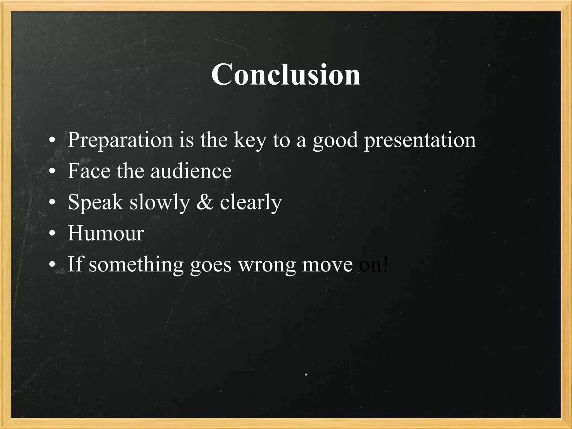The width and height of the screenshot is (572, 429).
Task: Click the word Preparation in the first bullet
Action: [120, 140]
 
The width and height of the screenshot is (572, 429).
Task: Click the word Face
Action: [89, 171]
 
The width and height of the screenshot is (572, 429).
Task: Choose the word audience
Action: [191, 171]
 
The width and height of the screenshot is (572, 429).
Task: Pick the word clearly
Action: [251, 202]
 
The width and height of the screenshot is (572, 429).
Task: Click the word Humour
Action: [106, 233]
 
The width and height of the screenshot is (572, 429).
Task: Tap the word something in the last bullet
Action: [136, 264]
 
